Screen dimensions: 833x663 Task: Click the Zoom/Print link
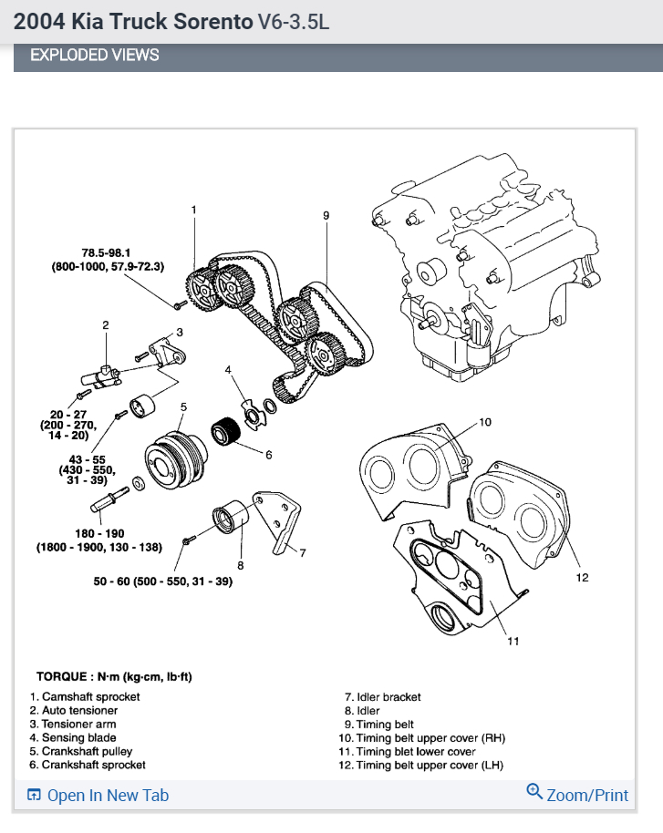click(x=578, y=795)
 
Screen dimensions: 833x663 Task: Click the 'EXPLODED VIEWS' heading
click(x=95, y=56)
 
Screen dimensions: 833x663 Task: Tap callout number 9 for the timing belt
click(x=326, y=215)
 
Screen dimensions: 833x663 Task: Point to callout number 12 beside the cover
click(x=582, y=577)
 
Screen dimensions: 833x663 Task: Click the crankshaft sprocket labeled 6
click(x=225, y=429)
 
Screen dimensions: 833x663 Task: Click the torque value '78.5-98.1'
click(x=107, y=252)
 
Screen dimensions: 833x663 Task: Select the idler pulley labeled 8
click(x=225, y=518)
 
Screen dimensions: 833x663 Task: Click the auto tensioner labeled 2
click(x=104, y=374)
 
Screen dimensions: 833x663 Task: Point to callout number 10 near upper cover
click(x=485, y=422)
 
